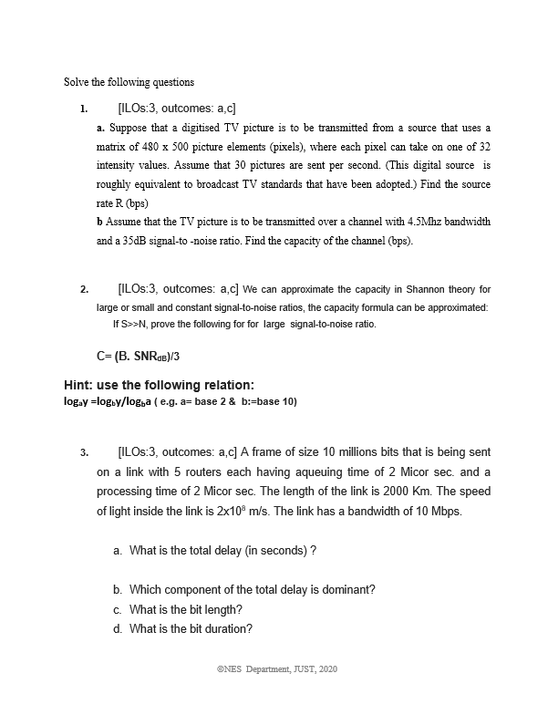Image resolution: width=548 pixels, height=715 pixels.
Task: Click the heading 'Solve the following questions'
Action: [129, 82]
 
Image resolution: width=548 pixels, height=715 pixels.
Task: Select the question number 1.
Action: [83, 109]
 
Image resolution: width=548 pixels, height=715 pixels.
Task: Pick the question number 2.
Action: [83, 290]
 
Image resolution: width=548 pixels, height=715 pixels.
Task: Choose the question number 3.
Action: [83, 452]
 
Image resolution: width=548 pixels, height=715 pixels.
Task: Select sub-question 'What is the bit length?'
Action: [186, 609]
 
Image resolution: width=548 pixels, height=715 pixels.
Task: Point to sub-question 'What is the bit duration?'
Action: [191, 628]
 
